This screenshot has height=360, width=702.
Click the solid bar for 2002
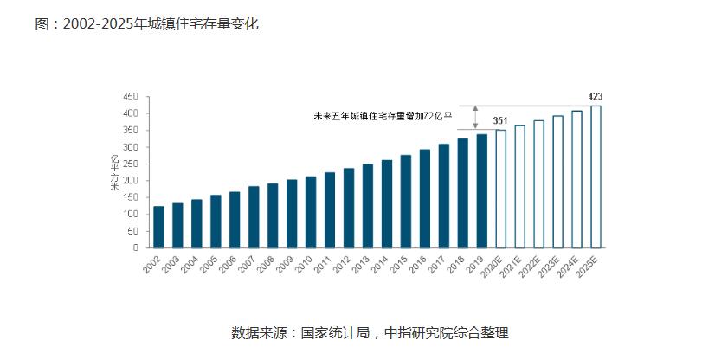click(x=158, y=227)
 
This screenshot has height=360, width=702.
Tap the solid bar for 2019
click(x=482, y=190)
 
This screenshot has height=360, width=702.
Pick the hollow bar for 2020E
click(x=500, y=189)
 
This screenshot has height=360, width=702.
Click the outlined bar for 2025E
click(x=596, y=177)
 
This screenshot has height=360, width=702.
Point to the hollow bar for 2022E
click(x=538, y=183)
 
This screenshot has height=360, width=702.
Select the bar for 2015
click(x=406, y=201)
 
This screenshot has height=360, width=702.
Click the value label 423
click(x=596, y=96)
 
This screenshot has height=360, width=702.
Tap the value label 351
click(x=500, y=120)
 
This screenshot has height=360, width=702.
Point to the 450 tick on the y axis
click(x=132, y=97)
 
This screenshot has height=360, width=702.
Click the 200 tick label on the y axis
click(x=132, y=181)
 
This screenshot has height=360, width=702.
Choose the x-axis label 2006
click(x=229, y=265)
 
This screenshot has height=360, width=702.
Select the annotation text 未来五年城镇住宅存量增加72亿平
click(x=383, y=115)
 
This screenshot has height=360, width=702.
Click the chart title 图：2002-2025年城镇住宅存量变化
click(x=146, y=24)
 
